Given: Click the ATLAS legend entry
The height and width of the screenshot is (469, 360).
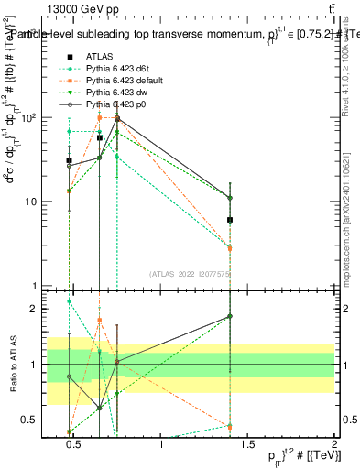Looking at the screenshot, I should pos(99,56).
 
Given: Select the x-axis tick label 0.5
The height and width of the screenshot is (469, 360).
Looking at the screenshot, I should pos(75,444).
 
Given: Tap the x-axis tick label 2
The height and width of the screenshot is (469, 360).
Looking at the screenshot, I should pos(333,444).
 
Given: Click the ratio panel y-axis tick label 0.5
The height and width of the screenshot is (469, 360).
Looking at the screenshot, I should pos(27,420).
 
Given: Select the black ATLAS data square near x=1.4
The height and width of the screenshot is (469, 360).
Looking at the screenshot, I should pos(230,220).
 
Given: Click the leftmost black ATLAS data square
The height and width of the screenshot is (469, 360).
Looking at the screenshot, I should pos(69,160).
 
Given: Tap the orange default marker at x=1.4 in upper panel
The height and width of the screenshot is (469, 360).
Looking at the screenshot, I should pos(230,247).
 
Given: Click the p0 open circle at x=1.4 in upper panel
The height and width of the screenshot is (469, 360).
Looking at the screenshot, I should pos(230,198).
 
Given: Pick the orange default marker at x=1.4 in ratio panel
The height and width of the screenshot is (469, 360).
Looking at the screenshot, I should pos(230,425).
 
